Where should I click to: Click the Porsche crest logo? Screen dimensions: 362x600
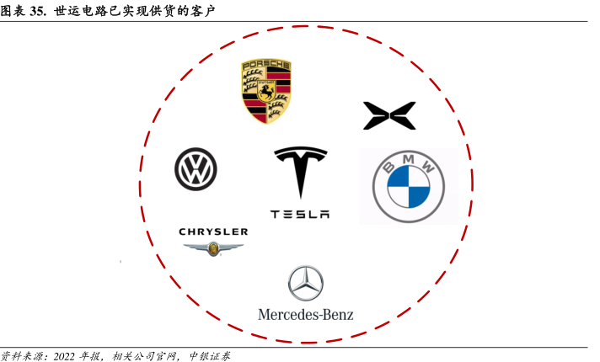coord(265,92)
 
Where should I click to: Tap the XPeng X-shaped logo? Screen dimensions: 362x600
coord(389,115)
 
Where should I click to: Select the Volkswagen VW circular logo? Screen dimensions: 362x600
coord(196,168)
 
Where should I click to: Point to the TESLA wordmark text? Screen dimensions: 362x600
coord(300,215)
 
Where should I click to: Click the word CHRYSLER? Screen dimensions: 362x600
coord(213,232)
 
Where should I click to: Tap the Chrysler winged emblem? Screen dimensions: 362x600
coord(213,248)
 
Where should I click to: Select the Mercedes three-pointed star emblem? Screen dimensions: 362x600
coord(305,284)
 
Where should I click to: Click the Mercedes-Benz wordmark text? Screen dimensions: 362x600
coord(305,315)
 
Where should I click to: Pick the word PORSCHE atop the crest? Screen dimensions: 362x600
coord(265,66)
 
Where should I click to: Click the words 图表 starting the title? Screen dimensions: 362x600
coord(13,12)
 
